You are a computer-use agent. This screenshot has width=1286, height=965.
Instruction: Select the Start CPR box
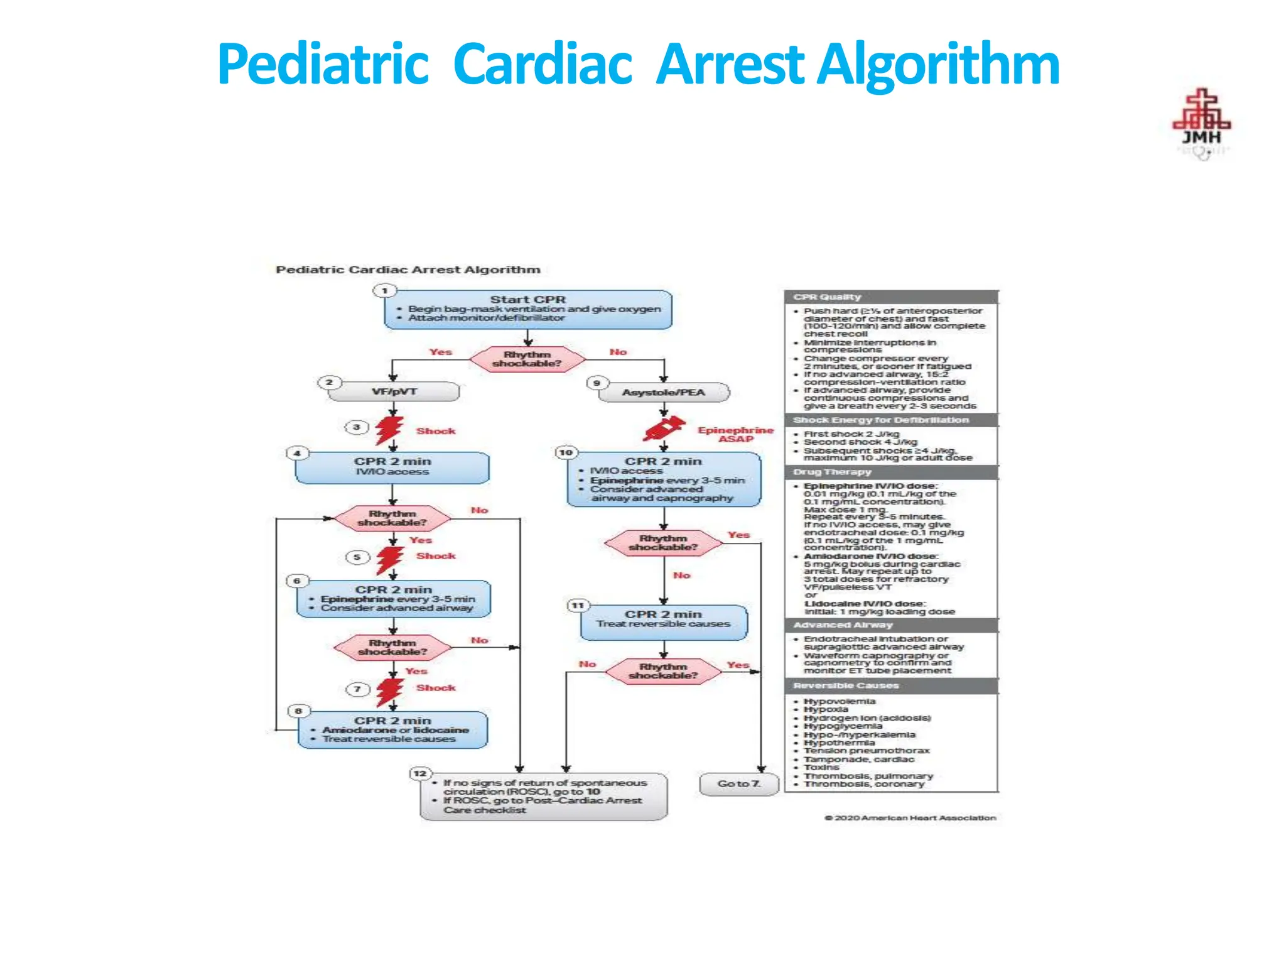click(x=528, y=309)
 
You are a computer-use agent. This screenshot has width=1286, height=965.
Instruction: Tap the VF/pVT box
click(x=394, y=392)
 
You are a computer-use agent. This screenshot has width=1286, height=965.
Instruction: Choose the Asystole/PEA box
click(x=664, y=393)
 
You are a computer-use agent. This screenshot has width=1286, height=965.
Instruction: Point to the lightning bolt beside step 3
click(x=389, y=430)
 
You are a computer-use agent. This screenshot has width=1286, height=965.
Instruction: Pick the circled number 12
click(x=419, y=773)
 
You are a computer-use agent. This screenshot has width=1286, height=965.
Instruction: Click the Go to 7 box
click(x=739, y=784)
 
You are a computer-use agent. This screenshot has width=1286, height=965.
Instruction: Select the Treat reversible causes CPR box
click(x=664, y=622)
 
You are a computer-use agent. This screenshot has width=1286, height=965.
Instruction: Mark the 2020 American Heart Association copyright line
click(x=910, y=818)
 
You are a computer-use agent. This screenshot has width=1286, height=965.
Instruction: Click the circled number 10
click(x=566, y=452)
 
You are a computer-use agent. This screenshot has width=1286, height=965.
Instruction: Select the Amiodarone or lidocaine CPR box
click(x=393, y=729)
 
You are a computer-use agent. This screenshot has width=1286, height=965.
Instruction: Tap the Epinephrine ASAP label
click(x=735, y=434)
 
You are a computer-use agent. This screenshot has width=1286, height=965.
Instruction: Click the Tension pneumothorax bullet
click(x=867, y=751)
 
